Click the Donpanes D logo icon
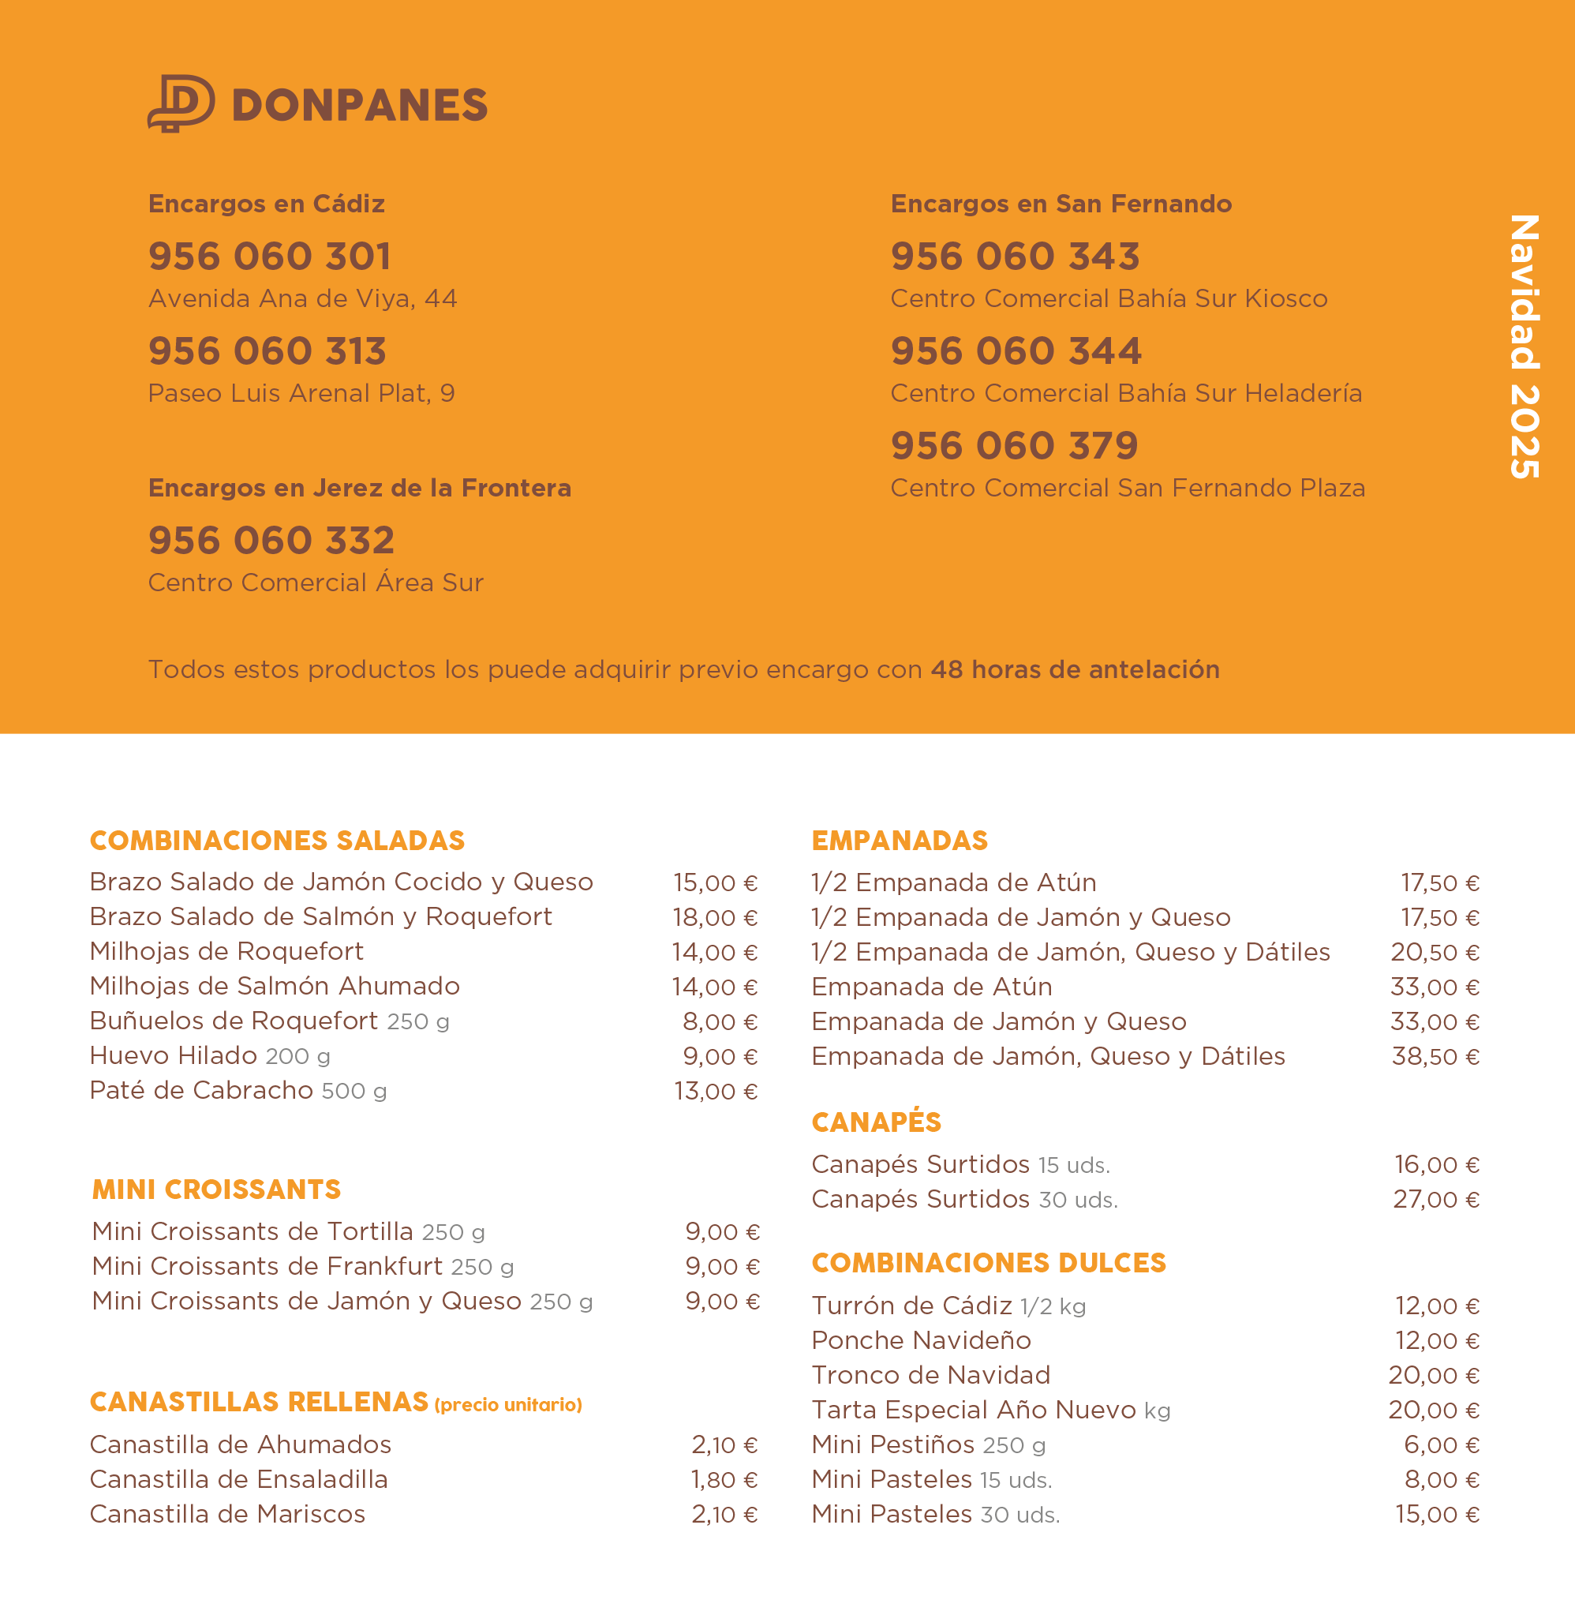coord(181,103)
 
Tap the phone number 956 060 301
coord(270,257)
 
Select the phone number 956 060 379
coord(1014,446)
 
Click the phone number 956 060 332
coord(271,541)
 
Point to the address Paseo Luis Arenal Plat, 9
coord(301,394)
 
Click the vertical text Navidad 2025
coord(1524,347)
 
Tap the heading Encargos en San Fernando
coord(1061,204)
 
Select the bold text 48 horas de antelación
coord(1075,669)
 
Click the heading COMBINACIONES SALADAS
coord(277,841)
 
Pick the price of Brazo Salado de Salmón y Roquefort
coord(715,918)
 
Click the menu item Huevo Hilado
coord(174,1056)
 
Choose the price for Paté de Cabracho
coord(716,1092)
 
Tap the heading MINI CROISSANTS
coord(217,1190)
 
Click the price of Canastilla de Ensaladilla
coord(724,1479)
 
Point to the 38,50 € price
coord(1435,1057)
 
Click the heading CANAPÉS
coord(876,1122)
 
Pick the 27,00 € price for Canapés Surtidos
coord(1436,1200)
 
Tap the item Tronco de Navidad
coord(930,1375)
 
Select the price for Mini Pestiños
coord(1441,1445)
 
